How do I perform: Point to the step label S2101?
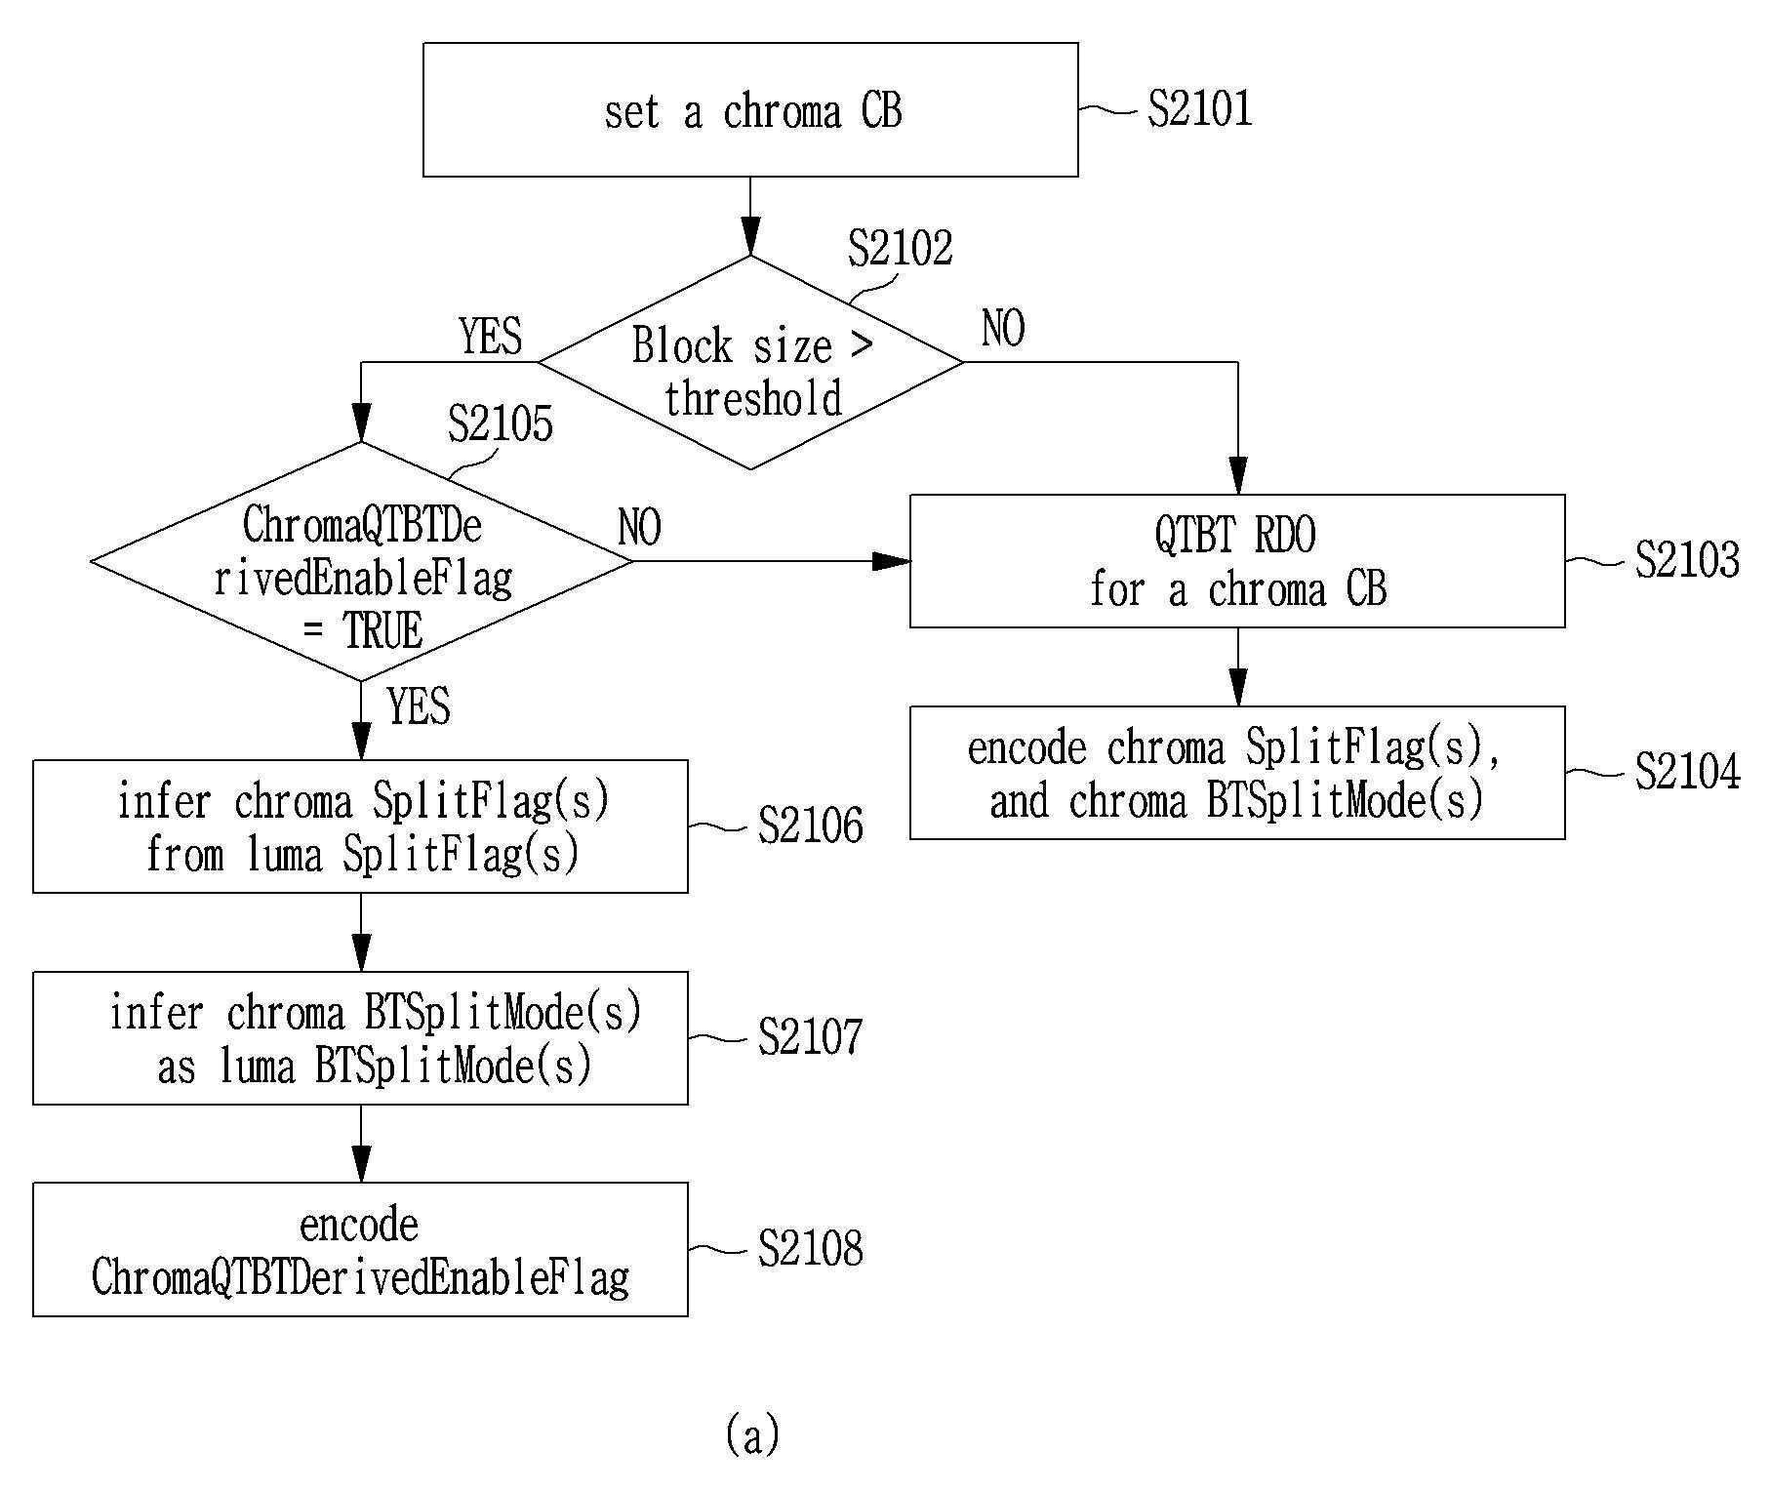1199,108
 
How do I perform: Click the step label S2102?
900,248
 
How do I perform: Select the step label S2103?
1687,560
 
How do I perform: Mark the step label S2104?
1687,771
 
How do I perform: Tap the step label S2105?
500,423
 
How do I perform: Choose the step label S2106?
810,826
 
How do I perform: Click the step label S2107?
810,1037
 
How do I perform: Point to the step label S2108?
810,1248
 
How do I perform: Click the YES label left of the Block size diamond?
491,337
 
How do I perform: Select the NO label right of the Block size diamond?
1003,329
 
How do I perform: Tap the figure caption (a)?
752,1434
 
